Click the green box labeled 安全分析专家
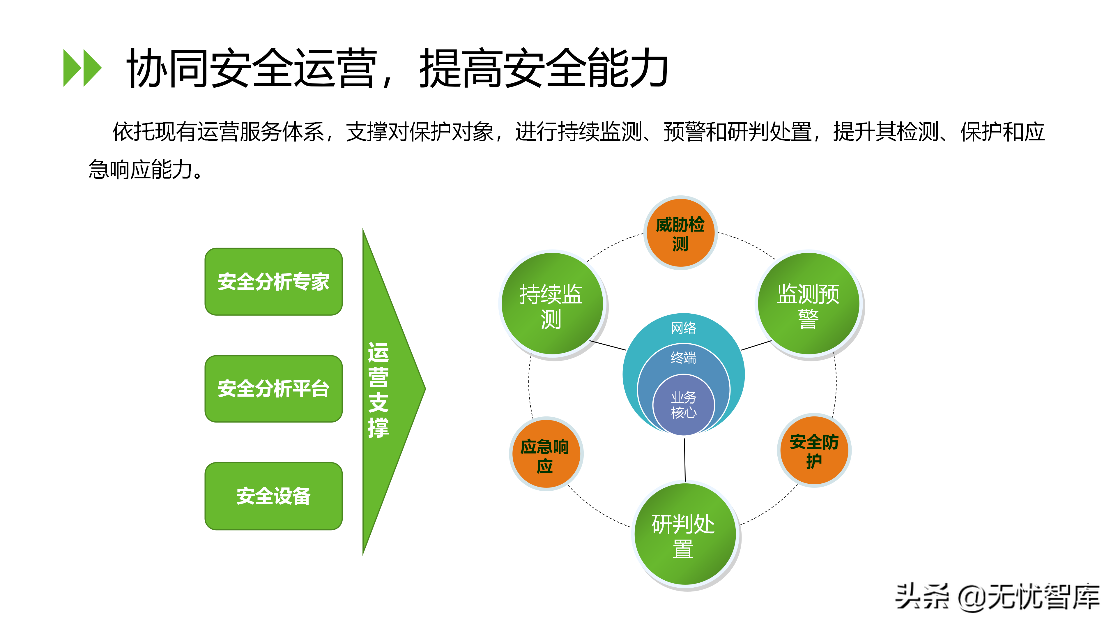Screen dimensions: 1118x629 tap(273, 282)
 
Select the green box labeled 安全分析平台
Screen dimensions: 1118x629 tap(273, 388)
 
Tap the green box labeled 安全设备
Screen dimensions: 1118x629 tap(273, 496)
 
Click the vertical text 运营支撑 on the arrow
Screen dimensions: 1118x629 tap(378, 390)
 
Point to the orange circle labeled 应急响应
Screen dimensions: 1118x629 tap(546, 454)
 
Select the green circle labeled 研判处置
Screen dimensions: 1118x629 tap(685, 535)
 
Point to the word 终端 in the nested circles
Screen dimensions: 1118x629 tap(684, 358)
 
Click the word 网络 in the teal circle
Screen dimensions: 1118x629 tap(684, 328)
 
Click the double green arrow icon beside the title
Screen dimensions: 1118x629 tap(82, 68)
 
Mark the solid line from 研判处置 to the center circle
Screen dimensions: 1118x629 tap(685, 460)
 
